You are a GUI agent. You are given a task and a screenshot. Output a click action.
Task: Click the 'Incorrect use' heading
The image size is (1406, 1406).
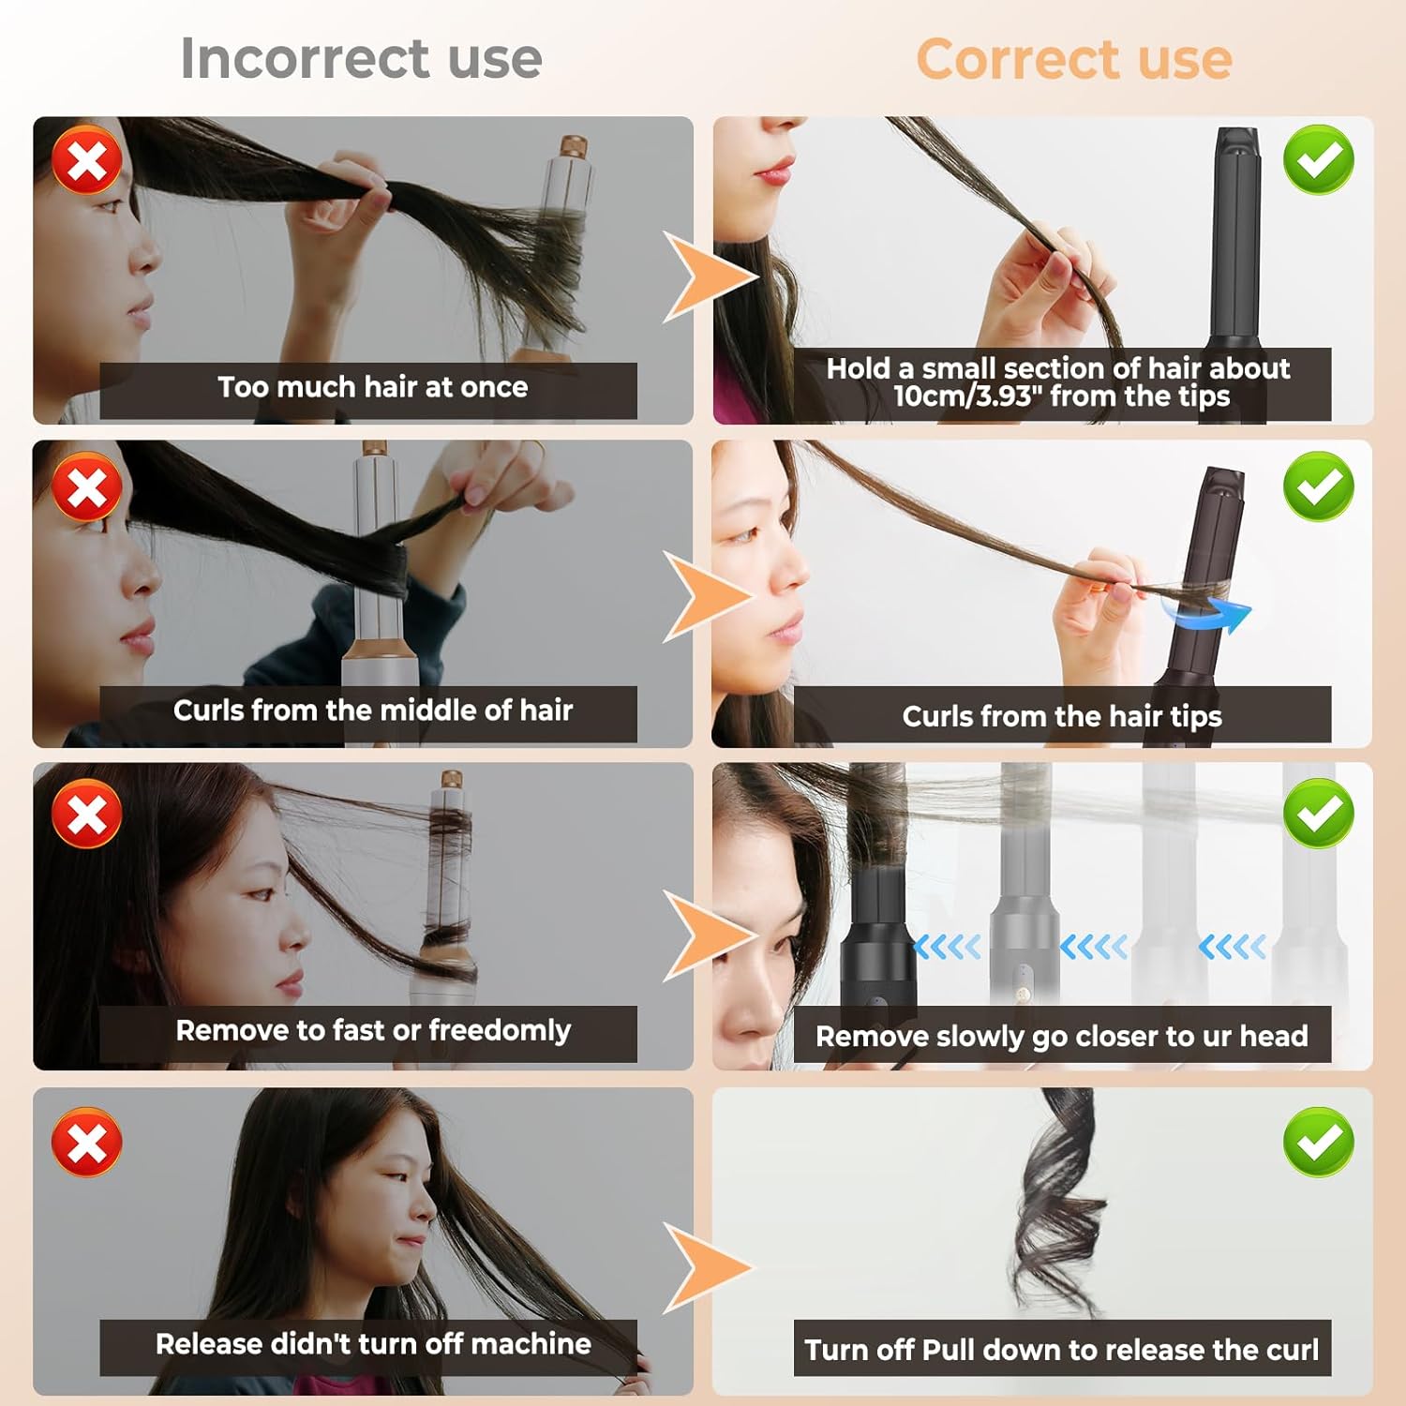[x=361, y=58]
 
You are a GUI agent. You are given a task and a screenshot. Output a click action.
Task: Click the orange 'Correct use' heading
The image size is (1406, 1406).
[x=1074, y=59]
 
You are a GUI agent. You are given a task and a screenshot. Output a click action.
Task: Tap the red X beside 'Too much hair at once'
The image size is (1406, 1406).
[x=87, y=160]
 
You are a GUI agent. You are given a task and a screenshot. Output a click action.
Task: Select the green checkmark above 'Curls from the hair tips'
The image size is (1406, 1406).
[x=1319, y=486]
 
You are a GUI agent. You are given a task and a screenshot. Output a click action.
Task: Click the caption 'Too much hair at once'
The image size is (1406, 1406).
[x=373, y=387]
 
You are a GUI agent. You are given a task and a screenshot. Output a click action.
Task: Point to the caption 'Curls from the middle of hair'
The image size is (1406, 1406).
[x=373, y=710]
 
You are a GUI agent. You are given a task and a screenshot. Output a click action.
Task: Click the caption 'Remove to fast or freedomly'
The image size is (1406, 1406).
[x=373, y=1030]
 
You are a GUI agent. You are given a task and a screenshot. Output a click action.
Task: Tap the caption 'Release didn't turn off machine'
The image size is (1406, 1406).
[x=373, y=1343]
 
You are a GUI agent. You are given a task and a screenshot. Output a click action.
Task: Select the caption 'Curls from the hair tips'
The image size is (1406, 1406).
[x=1062, y=716]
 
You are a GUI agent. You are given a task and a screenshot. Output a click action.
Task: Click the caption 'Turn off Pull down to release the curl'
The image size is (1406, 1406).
[x=1062, y=1349]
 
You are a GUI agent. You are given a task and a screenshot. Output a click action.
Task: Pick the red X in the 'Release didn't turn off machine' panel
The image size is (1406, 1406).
[x=87, y=1142]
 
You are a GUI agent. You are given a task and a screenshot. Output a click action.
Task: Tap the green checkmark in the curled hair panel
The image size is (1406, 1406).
[x=1319, y=1142]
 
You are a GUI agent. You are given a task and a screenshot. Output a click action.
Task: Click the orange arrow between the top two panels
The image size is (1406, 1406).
[x=705, y=277]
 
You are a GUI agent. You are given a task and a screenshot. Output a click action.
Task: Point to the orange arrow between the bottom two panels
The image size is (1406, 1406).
[x=705, y=1267]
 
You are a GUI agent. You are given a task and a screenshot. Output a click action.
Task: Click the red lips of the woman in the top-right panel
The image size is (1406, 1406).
[x=774, y=171]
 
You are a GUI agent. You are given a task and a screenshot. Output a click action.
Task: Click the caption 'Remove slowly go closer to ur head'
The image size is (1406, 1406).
[x=1062, y=1036]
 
